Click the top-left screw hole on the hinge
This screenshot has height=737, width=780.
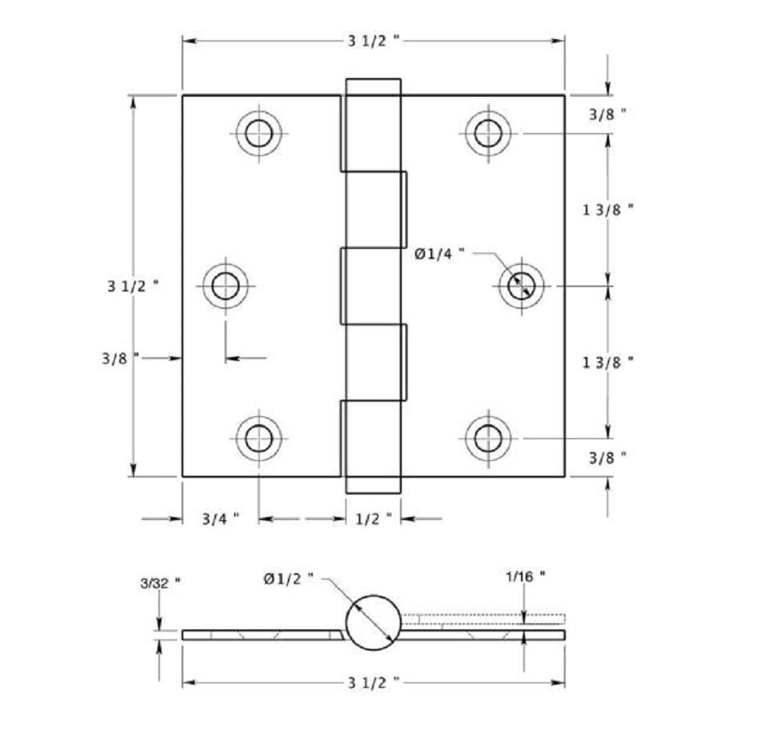coord(259,133)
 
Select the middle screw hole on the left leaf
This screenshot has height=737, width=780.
coord(225,286)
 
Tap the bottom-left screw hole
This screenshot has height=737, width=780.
coord(259,438)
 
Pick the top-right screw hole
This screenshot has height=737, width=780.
coord(488,133)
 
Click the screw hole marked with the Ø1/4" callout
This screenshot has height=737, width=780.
coord(522,286)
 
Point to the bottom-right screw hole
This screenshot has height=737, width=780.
coord(488,438)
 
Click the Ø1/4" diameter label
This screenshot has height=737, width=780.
coord(440,252)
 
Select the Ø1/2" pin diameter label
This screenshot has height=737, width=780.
coord(289,578)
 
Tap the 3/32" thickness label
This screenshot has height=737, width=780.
coord(161,582)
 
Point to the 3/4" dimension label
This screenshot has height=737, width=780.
coord(220,519)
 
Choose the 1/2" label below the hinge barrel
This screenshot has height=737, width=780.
coord(374,519)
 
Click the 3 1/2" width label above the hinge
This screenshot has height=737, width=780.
coord(374,41)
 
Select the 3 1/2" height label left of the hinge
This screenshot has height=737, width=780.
coord(133,286)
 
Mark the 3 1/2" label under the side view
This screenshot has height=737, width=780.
coord(374,682)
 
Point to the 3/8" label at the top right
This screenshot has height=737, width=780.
coord(608,113)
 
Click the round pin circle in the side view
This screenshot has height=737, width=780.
coord(373,622)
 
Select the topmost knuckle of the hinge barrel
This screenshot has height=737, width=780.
coord(373,125)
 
